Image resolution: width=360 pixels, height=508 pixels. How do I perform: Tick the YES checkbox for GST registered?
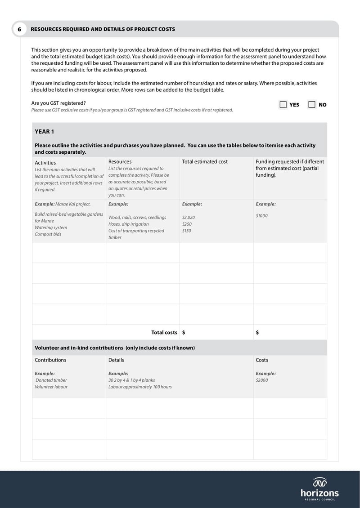(283, 105)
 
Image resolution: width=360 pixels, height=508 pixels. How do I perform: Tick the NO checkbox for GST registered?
(312, 105)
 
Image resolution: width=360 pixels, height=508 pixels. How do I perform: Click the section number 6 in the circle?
(19, 29)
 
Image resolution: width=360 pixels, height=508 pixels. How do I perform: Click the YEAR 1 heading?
(44, 132)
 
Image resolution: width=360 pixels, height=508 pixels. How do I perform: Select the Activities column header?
(45, 163)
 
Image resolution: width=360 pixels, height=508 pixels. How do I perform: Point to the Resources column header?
(120, 161)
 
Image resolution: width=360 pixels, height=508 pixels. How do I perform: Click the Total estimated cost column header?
(205, 161)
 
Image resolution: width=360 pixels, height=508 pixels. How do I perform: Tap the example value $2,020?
(189, 217)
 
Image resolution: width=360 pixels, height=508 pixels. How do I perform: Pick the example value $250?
(187, 224)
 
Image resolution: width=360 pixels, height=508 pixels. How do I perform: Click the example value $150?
(187, 231)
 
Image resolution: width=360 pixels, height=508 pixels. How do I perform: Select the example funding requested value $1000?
(261, 215)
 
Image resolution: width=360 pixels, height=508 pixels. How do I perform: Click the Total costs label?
(164, 333)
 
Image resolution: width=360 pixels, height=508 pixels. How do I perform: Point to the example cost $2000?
(261, 380)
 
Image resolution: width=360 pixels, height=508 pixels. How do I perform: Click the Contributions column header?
(50, 360)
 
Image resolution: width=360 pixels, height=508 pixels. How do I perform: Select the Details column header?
(116, 360)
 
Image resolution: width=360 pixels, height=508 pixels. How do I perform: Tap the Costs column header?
(262, 360)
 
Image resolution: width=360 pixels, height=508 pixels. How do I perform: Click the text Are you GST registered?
(58, 103)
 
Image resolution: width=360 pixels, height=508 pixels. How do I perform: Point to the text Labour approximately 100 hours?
(140, 387)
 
